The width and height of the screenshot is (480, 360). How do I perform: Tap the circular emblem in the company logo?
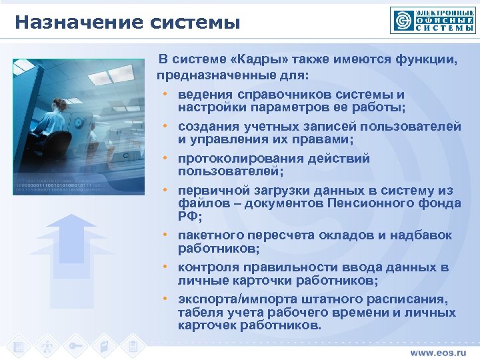[x=402, y=21]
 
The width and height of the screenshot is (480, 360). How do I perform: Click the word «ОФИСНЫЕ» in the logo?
[x=445, y=20]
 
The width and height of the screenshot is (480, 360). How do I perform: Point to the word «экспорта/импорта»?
[x=231, y=299]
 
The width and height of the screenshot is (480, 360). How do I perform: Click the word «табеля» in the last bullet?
[x=199, y=312]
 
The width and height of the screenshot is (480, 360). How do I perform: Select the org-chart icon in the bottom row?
[x=47, y=347]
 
